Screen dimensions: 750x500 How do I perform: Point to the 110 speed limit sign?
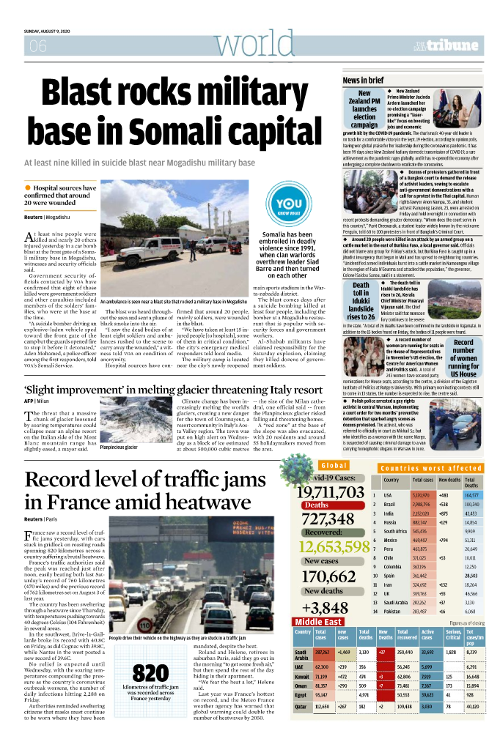[145, 606]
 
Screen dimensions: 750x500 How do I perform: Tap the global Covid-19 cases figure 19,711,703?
[329, 491]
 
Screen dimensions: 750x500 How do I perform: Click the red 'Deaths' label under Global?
[317, 505]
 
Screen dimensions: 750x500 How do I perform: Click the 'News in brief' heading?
[363, 80]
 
